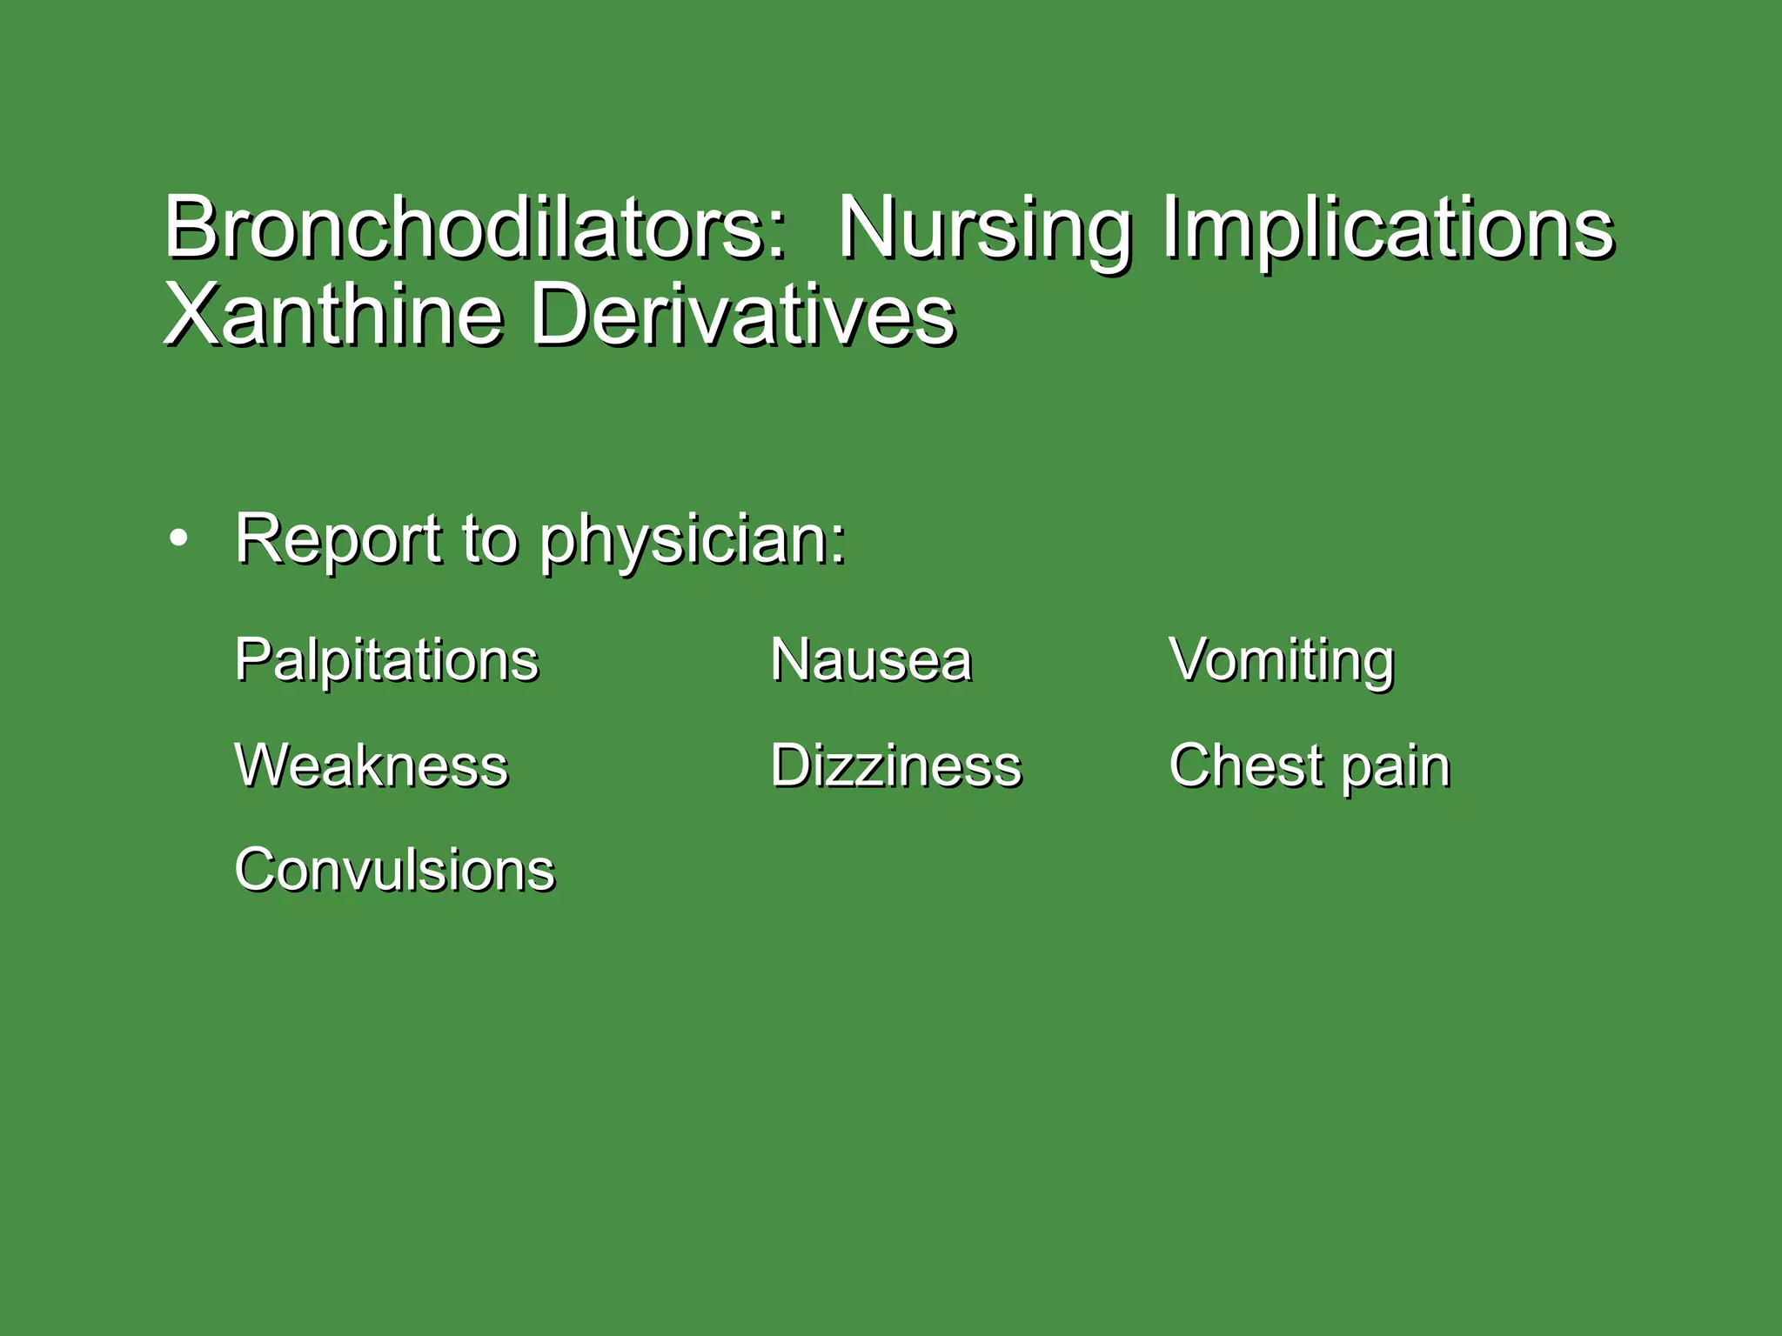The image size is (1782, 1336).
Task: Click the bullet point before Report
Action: click(178, 539)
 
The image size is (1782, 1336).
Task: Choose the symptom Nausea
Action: click(870, 659)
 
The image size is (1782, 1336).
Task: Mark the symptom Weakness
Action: click(372, 766)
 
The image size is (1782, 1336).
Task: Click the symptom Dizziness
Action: click(895, 766)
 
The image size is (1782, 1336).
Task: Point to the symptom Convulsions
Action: click(394, 870)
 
